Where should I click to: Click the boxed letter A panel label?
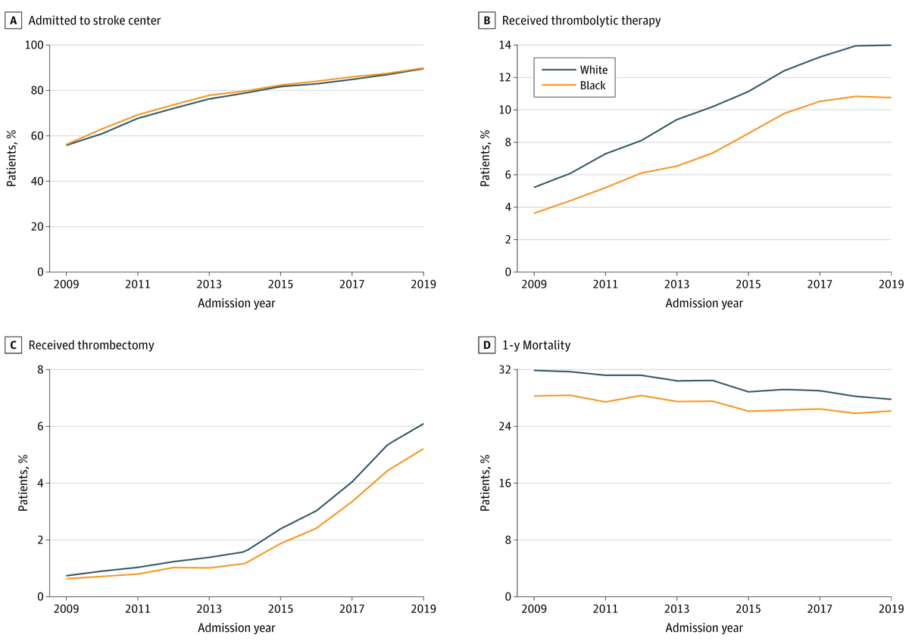pos(13,20)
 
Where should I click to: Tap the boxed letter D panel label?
pos(486,345)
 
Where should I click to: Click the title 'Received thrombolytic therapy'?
pos(581,20)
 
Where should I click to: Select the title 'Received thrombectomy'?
pos(91,345)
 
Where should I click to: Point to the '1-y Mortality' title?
pos(536,345)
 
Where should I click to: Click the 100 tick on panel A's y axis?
pos(34,45)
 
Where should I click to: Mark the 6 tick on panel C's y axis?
pos(39,427)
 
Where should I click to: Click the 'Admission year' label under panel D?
pos(704,627)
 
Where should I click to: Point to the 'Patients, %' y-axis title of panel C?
pos(23,483)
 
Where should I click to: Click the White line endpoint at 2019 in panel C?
pos(423,424)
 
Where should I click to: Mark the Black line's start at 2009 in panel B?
pos(535,213)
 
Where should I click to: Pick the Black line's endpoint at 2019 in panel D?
pos(891,411)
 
